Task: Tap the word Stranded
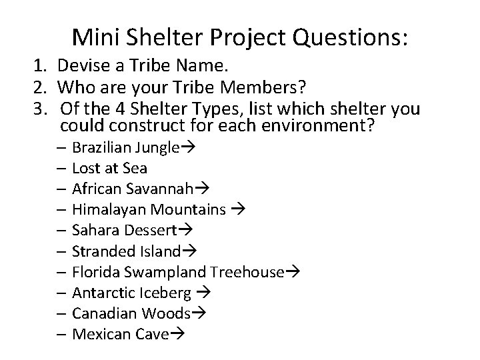[x=100, y=251]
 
